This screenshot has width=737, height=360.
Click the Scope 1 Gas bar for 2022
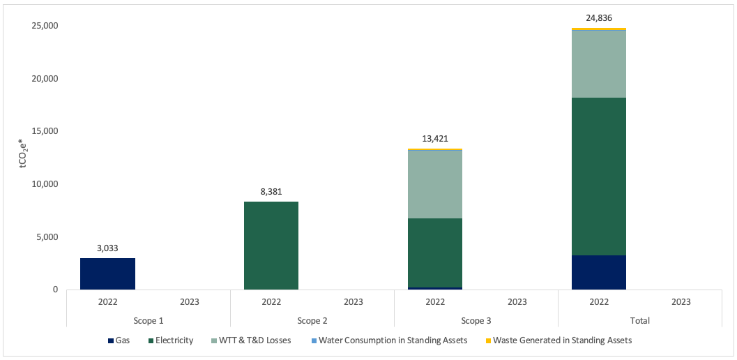[x=107, y=273]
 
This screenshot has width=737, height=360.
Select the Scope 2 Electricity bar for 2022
[x=271, y=245]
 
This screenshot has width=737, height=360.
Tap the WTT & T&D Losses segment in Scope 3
[x=435, y=184]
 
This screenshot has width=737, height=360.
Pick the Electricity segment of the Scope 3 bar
[x=435, y=253]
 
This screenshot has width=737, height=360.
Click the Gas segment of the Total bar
[x=599, y=272]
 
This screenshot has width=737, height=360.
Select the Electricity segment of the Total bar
[x=599, y=176]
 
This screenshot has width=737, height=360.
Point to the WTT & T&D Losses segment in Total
[x=599, y=64]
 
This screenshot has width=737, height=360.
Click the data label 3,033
[x=107, y=247]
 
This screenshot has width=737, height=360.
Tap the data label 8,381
[x=271, y=191]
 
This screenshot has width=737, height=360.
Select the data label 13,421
[x=435, y=138]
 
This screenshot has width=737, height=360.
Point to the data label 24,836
[x=599, y=17]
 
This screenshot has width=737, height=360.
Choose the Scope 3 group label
[x=476, y=320]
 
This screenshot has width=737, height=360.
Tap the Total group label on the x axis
[x=639, y=320]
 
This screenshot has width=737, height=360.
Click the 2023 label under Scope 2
[x=354, y=302]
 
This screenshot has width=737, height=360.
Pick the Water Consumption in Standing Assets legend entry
[x=388, y=340]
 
